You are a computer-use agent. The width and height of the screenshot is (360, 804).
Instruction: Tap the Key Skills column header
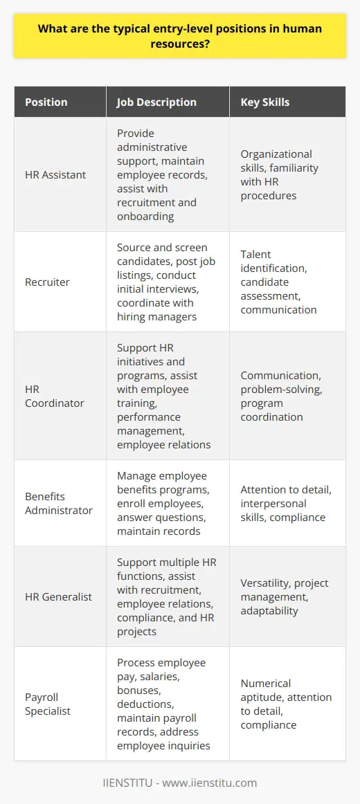pyautogui.click(x=264, y=102)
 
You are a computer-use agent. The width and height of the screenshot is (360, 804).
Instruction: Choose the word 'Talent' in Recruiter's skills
pyautogui.click(x=255, y=267)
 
